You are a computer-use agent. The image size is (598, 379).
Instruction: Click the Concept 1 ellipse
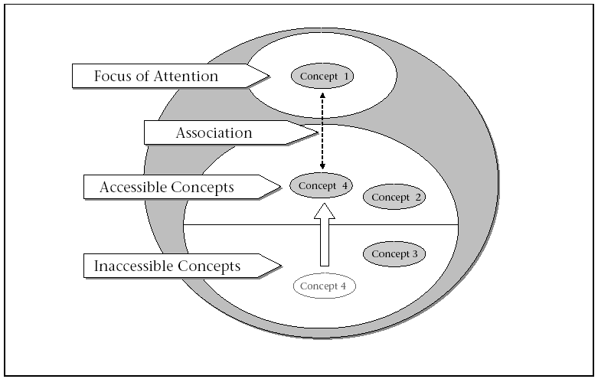click(x=322, y=76)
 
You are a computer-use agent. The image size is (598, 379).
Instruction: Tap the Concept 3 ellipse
click(x=394, y=253)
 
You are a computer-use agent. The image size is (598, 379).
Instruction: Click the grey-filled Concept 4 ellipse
click(x=322, y=185)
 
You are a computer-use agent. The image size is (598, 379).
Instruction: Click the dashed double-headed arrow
click(x=322, y=130)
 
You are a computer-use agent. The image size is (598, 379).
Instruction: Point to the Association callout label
click(x=214, y=133)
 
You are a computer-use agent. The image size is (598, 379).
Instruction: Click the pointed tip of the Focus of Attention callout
click(x=269, y=75)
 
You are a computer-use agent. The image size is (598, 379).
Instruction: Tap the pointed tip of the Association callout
click(x=317, y=133)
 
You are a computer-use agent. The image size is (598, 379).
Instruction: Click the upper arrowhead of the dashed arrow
click(x=322, y=94)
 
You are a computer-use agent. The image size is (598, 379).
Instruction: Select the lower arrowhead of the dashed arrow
click(x=322, y=167)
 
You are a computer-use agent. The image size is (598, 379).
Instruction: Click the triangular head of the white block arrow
click(x=325, y=211)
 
